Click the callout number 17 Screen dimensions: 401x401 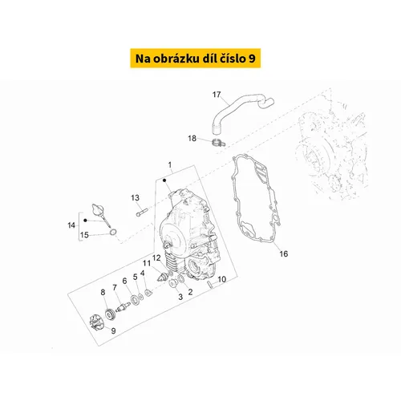pyautogui.click(x=217, y=95)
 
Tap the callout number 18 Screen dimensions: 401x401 pyautogui.click(x=192, y=138)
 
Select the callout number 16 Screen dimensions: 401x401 pyautogui.click(x=284, y=253)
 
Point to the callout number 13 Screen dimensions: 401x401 pyautogui.click(x=135, y=198)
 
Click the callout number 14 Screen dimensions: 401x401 pyautogui.click(x=71, y=225)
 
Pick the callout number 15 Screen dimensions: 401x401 pyautogui.click(x=84, y=235)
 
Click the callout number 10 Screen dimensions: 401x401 pyautogui.click(x=222, y=279)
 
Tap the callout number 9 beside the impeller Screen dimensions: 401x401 pyautogui.click(x=113, y=330)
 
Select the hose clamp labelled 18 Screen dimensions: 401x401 pyautogui.click(x=219, y=143)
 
